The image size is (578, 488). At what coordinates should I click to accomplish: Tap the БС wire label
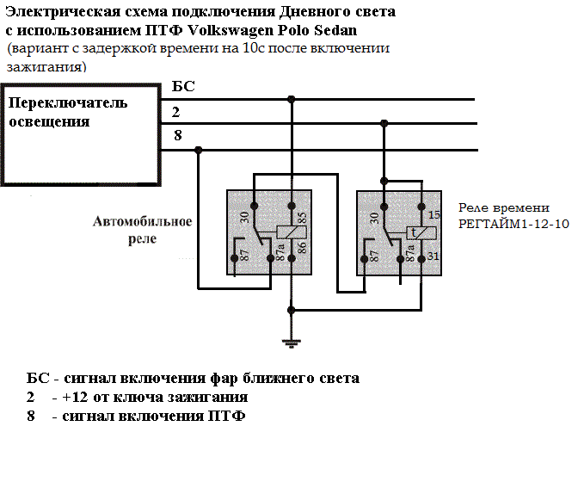click(x=184, y=87)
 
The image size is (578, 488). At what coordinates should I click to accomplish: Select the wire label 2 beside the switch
click(x=175, y=112)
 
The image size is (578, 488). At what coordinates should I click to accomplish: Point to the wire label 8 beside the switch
click(x=177, y=135)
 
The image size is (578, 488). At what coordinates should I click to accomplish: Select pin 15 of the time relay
click(x=434, y=215)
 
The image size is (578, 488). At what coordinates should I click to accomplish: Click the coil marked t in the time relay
click(x=414, y=233)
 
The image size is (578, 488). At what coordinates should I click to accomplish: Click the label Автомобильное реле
click(x=142, y=230)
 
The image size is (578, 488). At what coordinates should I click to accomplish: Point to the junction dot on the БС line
click(x=292, y=99)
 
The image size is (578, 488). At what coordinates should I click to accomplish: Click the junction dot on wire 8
click(x=199, y=150)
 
